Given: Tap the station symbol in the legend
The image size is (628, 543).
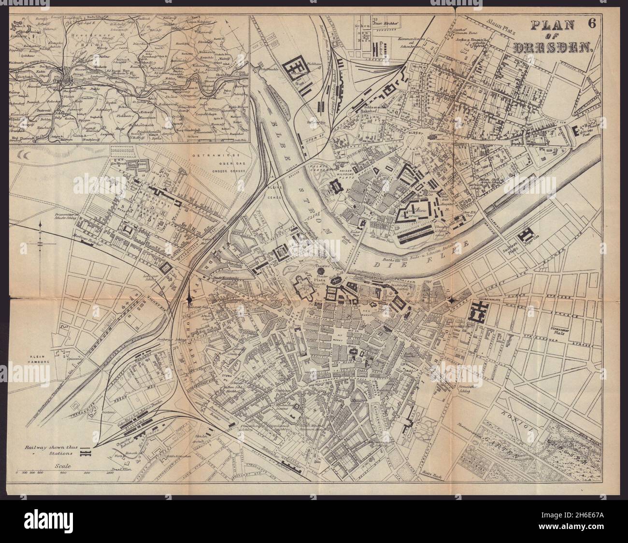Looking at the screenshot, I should pyautogui.click(x=86, y=454).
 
